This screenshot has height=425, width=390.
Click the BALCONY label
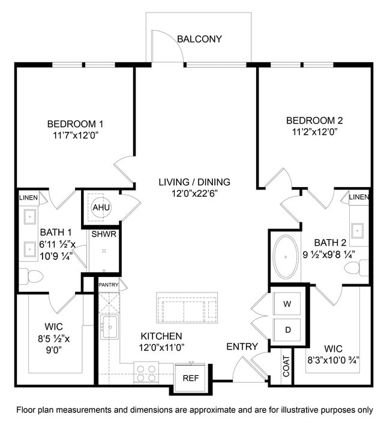(x=199, y=40)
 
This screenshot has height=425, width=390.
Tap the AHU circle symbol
(x=99, y=207)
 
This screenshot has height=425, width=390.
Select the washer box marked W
(x=287, y=304)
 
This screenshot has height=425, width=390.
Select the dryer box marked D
(x=287, y=329)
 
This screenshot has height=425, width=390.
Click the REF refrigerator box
(x=190, y=378)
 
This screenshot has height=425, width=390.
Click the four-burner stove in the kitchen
(x=144, y=373)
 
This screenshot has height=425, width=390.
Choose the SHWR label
(x=104, y=234)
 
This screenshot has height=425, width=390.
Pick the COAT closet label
(x=286, y=366)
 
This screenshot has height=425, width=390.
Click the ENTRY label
(x=242, y=347)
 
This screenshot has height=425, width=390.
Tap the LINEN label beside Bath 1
(x=28, y=198)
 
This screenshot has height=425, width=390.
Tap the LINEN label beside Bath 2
(x=358, y=197)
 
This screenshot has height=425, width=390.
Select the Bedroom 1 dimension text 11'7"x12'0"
(x=75, y=135)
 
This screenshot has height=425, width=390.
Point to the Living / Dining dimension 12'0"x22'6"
(x=194, y=193)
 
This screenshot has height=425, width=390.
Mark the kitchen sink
(x=110, y=328)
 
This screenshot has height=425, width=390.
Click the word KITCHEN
(x=161, y=336)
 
